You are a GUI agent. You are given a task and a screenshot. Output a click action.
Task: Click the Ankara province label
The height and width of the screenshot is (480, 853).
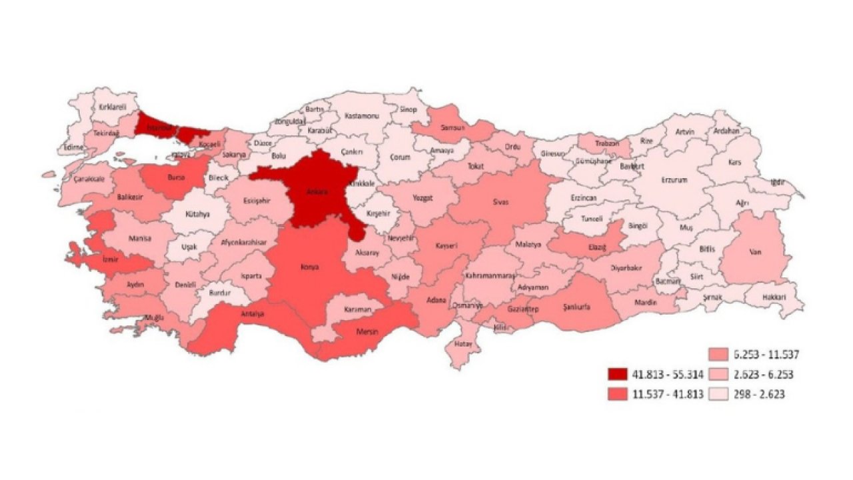point(317,192)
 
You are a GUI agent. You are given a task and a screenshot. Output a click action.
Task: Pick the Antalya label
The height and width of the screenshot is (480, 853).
point(253,314)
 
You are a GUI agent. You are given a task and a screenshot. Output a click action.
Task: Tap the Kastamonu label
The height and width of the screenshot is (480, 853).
point(361,115)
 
